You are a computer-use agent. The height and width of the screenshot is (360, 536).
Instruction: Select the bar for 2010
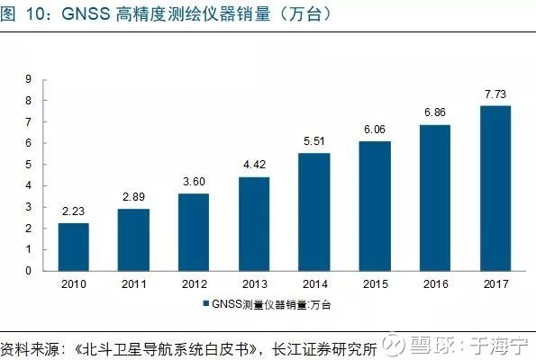tap(74, 247)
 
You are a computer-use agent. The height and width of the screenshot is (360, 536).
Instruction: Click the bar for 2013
tap(254, 224)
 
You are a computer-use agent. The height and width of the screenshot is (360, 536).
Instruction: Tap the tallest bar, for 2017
tap(495, 188)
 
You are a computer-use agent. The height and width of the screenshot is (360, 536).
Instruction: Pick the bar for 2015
tap(375, 206)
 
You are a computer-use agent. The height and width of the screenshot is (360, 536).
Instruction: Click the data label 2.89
tap(133, 197)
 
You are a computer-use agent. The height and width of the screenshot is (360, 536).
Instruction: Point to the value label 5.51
tap(314, 141)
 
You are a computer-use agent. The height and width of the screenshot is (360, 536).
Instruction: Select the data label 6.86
tap(435, 112)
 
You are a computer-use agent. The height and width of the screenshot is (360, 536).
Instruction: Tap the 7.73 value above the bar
tap(495, 94)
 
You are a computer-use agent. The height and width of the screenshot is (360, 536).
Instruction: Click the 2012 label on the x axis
tap(195, 283)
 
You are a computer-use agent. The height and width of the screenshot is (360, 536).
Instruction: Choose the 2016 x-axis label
tap(435, 283)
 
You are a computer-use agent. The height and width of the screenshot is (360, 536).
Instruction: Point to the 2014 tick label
tap(314, 283)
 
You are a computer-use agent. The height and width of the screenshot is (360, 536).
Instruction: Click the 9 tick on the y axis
tap(28, 79)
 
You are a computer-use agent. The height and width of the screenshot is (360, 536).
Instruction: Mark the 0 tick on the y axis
tap(28, 271)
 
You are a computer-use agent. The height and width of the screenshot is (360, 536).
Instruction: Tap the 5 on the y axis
tap(28, 165)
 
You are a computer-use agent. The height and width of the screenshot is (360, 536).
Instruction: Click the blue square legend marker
tap(205, 303)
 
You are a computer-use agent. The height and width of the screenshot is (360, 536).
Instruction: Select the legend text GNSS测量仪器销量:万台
tap(271, 304)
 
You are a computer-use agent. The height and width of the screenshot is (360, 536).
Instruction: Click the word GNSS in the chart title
tap(86, 14)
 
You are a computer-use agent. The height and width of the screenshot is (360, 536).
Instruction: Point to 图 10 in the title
tap(23, 14)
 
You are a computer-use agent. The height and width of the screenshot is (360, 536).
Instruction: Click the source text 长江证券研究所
tap(324, 348)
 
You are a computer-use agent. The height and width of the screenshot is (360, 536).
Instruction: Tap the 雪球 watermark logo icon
tap(393, 345)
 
